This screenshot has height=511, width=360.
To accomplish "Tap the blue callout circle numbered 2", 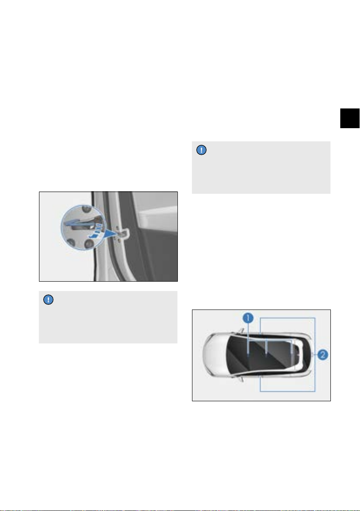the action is click(x=323, y=354).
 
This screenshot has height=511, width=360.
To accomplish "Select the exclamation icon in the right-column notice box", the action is click(x=201, y=150).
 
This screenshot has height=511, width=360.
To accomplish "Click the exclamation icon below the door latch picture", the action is click(x=48, y=300).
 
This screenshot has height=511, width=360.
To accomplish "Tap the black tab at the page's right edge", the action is click(x=350, y=118).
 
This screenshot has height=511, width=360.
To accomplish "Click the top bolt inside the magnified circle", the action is click(x=85, y=209).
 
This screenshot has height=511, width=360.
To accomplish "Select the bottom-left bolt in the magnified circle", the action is click(x=70, y=242).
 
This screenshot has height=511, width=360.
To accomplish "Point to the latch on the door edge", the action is click(x=123, y=234).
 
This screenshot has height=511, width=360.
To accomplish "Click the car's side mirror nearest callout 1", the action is click(x=241, y=331).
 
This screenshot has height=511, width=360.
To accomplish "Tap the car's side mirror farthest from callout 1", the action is click(x=241, y=379).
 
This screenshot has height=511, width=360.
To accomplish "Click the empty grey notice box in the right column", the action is click(x=261, y=168).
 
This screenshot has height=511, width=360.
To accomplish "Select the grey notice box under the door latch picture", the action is click(x=108, y=317).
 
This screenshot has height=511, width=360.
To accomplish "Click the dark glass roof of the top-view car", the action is click(x=261, y=354).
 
